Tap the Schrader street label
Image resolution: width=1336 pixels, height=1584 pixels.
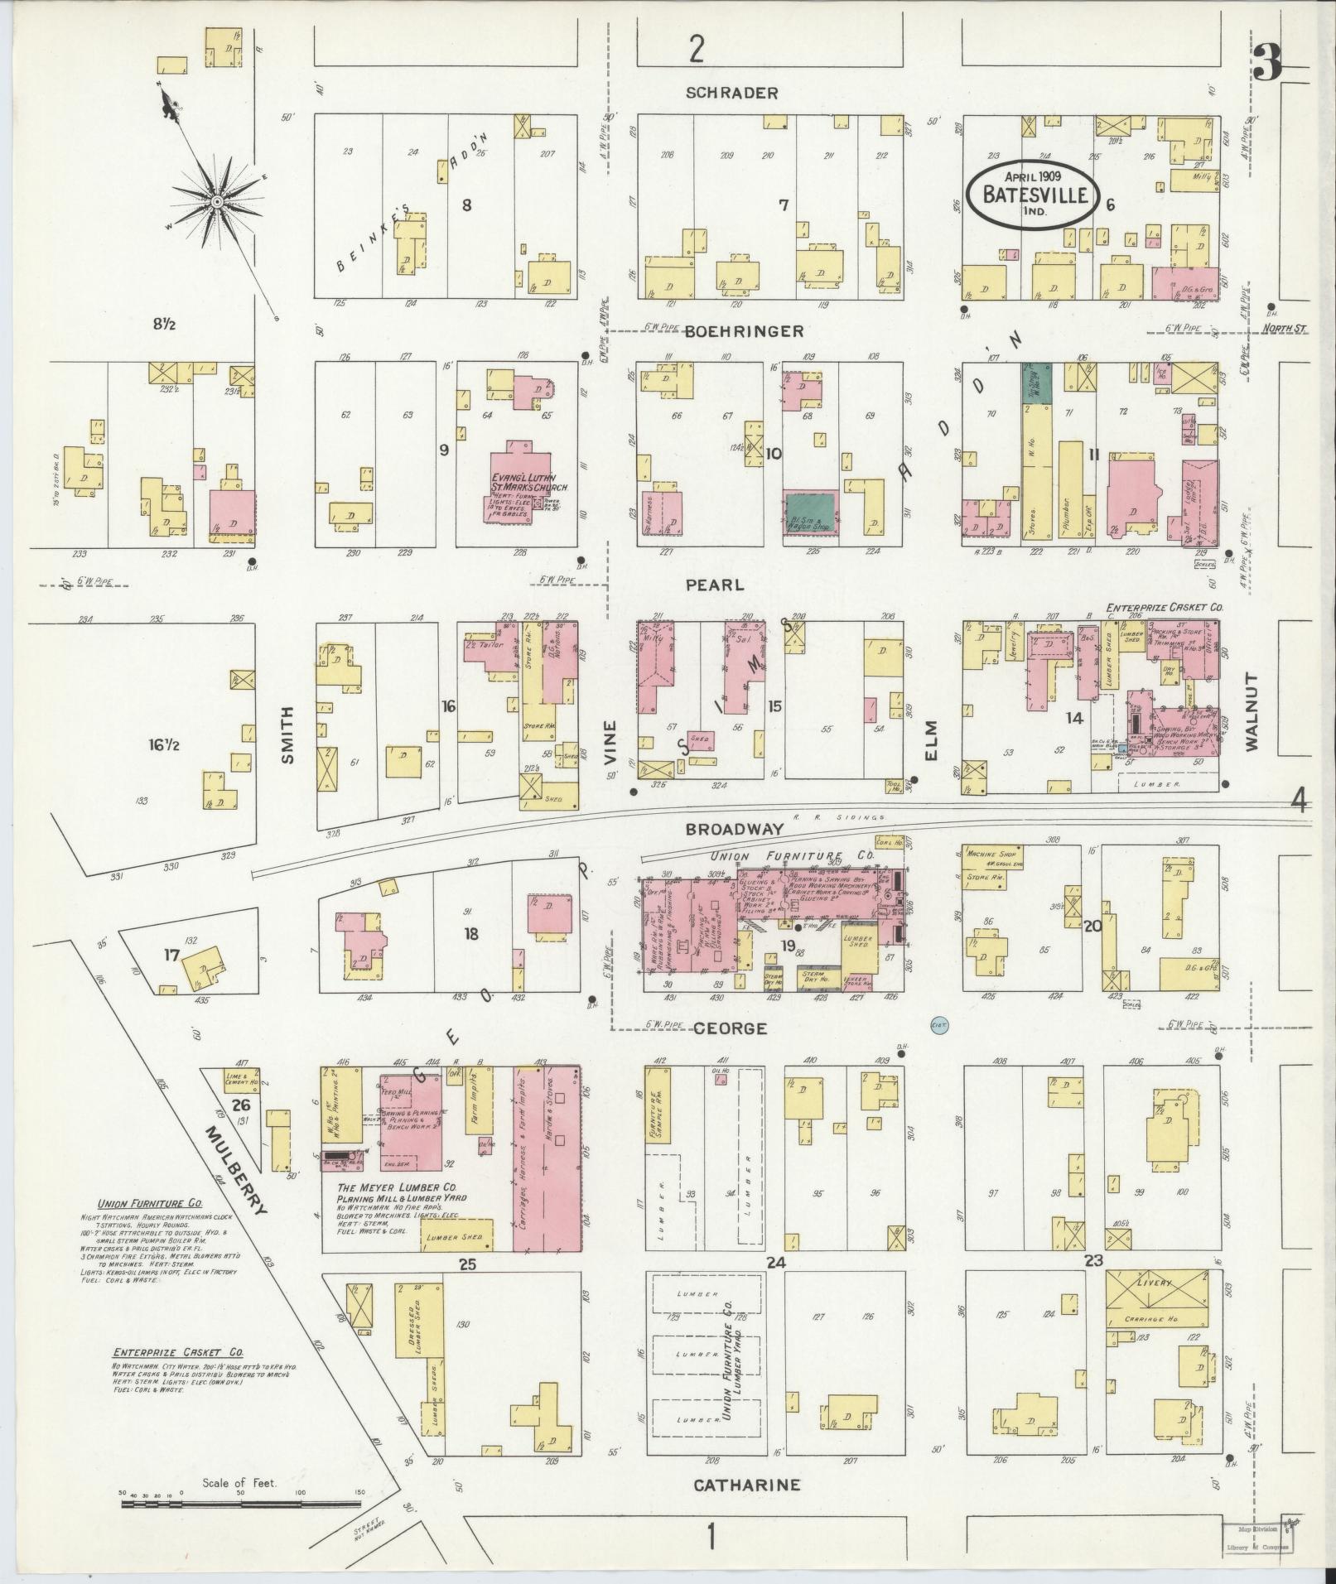[x=731, y=93]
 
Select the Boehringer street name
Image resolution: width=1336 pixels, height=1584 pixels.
[x=745, y=331]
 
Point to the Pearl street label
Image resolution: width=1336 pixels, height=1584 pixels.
[x=714, y=585]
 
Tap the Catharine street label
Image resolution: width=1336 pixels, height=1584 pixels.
[x=746, y=1485]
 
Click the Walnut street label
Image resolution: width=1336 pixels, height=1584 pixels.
[x=1250, y=711]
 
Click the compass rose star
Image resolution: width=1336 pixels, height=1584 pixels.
[x=216, y=201]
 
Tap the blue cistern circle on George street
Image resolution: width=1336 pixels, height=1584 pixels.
[x=938, y=1024]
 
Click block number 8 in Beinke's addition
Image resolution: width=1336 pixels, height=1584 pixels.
[x=466, y=205]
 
